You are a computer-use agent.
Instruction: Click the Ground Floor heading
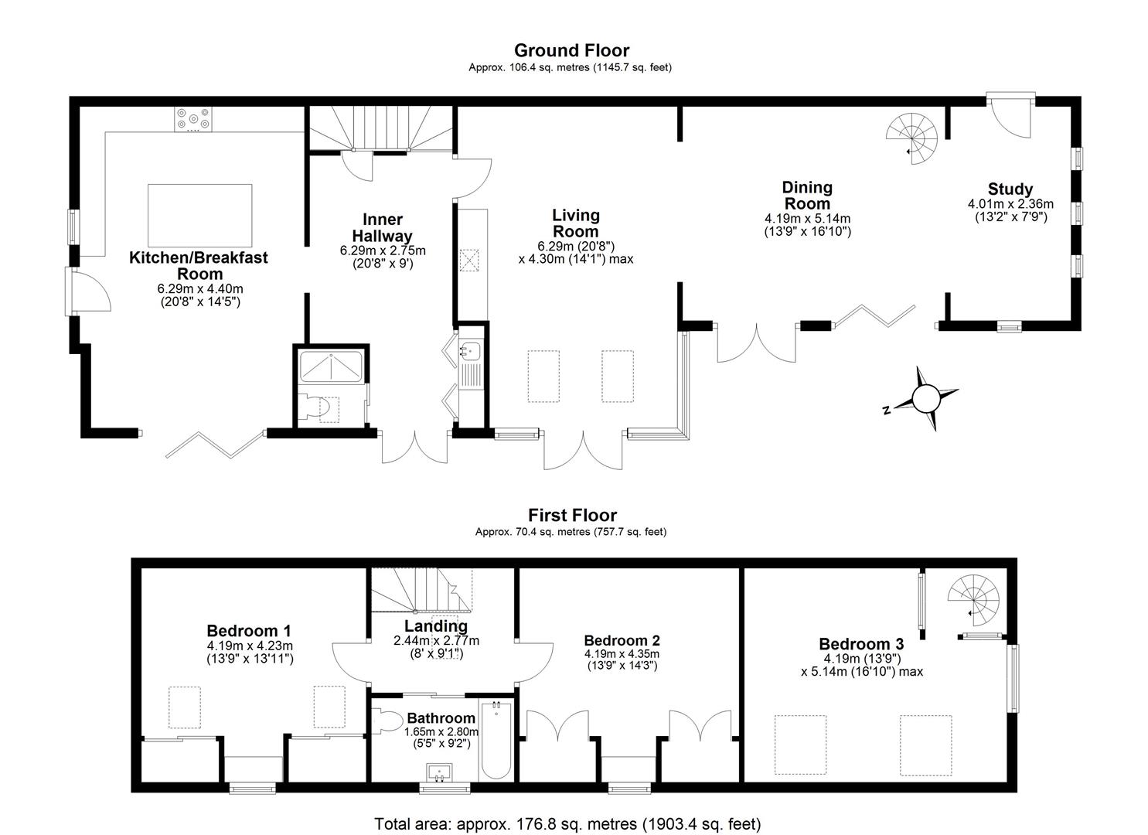pyautogui.click(x=571, y=51)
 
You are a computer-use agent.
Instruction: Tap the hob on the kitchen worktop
pyautogui.click(x=193, y=119)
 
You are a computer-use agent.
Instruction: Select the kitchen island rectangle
pyautogui.click(x=200, y=215)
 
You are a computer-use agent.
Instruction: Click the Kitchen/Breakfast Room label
pyautogui.click(x=199, y=265)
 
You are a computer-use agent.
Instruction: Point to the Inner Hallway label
pyautogui.click(x=383, y=227)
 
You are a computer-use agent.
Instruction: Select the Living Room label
pyautogui.click(x=576, y=223)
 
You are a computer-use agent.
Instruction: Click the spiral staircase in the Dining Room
pyautogui.click(x=912, y=138)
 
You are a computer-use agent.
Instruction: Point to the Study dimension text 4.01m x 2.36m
pyautogui.click(x=1010, y=204)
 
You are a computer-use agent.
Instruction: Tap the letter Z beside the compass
pyautogui.click(x=886, y=410)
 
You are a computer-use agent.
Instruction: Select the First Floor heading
pyautogui.click(x=573, y=515)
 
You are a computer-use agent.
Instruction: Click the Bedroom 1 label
pyautogui.click(x=249, y=630)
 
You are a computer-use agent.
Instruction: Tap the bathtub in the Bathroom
pyautogui.click(x=496, y=740)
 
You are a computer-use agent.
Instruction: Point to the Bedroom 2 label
pyautogui.click(x=622, y=641)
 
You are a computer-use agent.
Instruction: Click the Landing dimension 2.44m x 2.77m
pyautogui.click(x=436, y=641)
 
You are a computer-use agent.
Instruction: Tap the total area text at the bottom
pyautogui.click(x=568, y=823)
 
